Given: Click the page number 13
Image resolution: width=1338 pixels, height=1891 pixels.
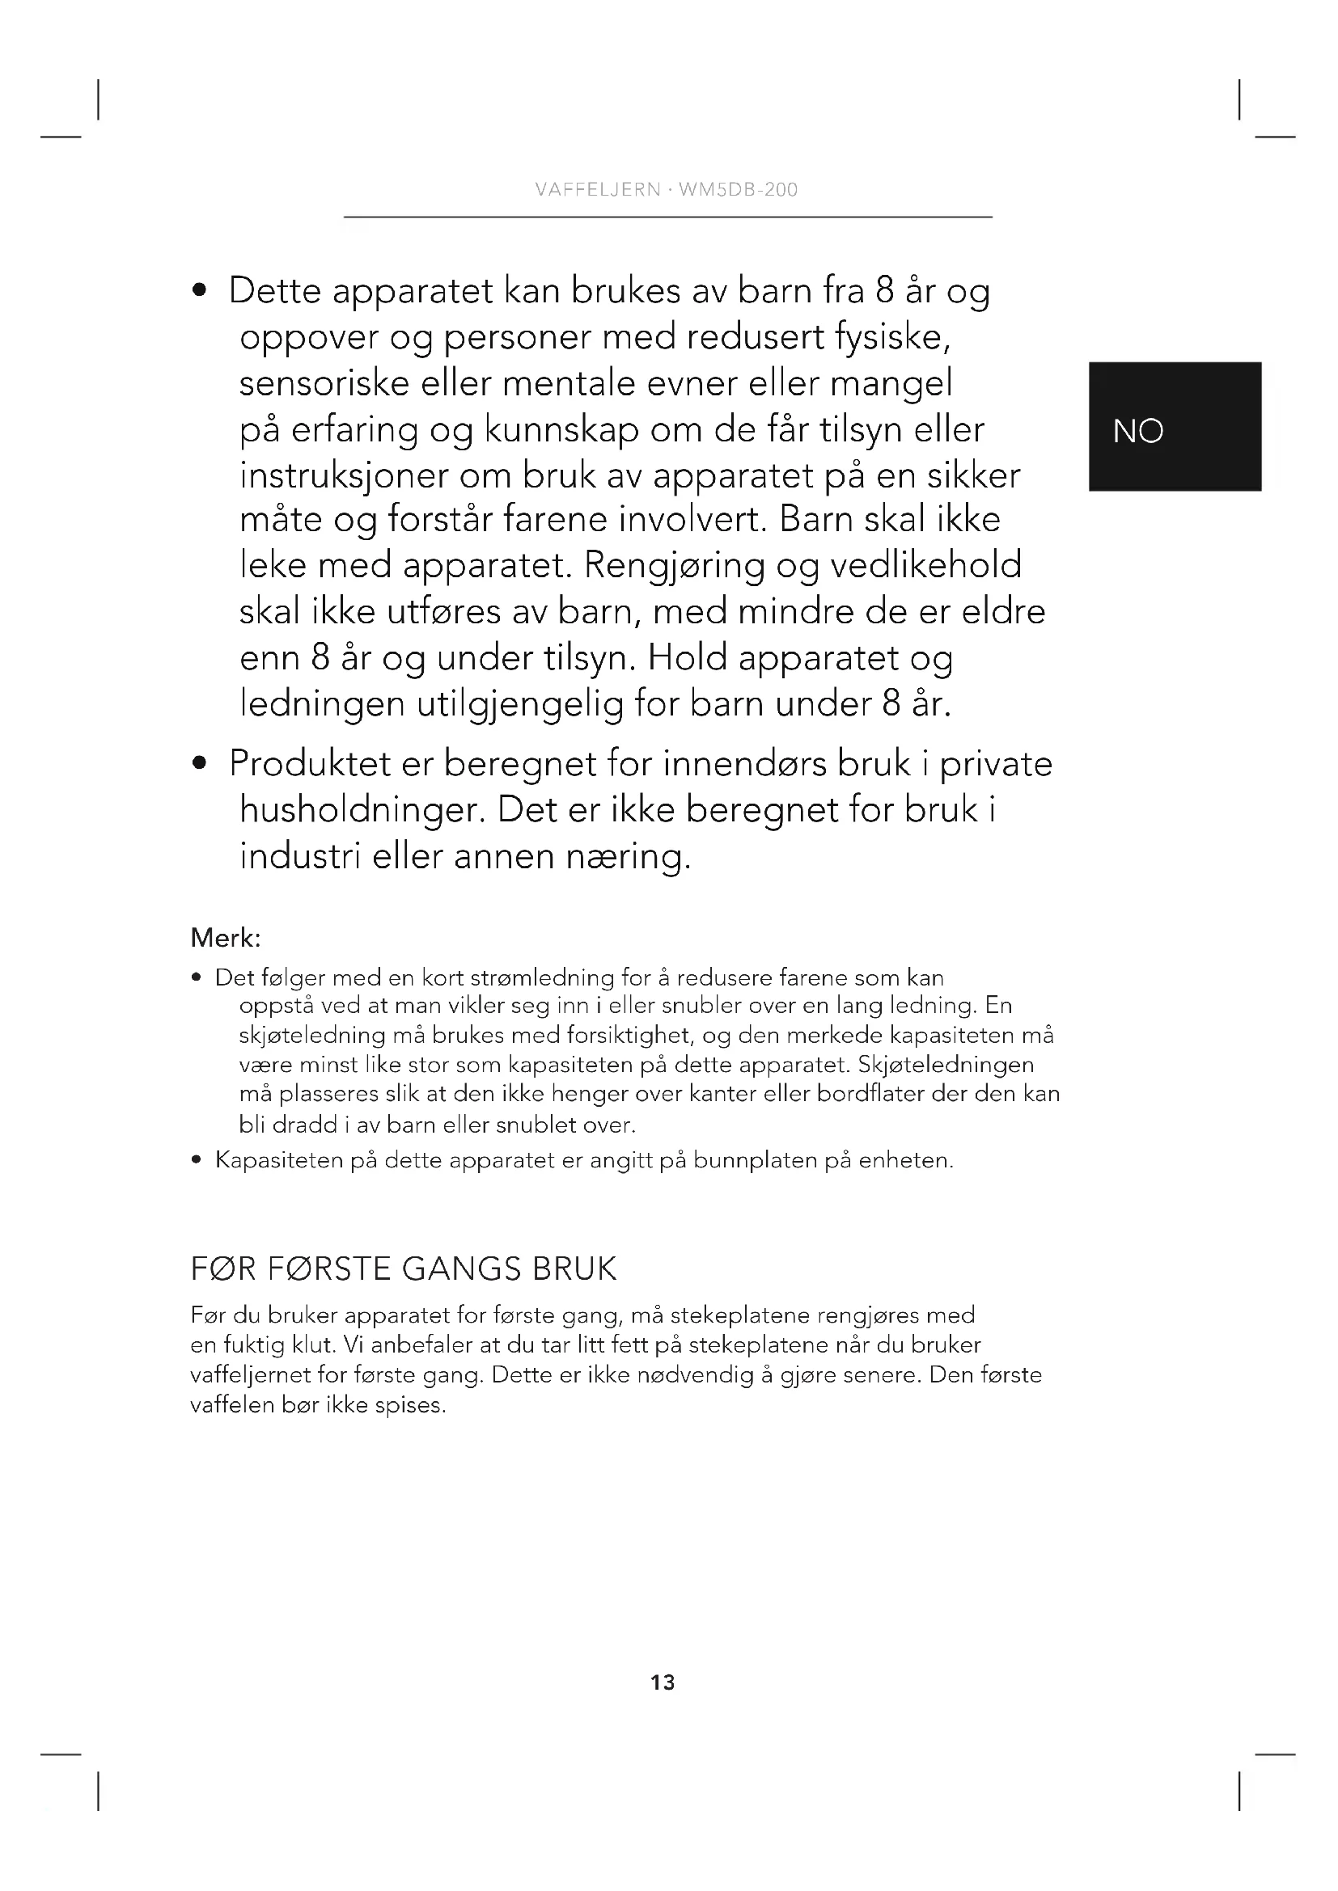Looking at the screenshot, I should click(663, 1682).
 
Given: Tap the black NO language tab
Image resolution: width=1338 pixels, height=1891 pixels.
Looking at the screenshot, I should click(1174, 428).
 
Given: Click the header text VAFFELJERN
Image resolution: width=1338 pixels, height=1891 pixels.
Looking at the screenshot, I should click(597, 190).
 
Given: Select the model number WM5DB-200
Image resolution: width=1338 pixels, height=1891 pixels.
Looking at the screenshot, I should click(739, 190).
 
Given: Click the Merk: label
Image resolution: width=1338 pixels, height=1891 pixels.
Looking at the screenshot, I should click(226, 937).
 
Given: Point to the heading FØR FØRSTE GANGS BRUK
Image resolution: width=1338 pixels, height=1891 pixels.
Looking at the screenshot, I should click(403, 1269).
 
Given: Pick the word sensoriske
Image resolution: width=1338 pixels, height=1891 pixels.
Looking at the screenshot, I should click(324, 384).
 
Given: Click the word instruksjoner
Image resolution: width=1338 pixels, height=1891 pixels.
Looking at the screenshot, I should click(344, 476).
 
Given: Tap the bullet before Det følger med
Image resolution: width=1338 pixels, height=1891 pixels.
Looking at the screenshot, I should click(196, 978).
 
